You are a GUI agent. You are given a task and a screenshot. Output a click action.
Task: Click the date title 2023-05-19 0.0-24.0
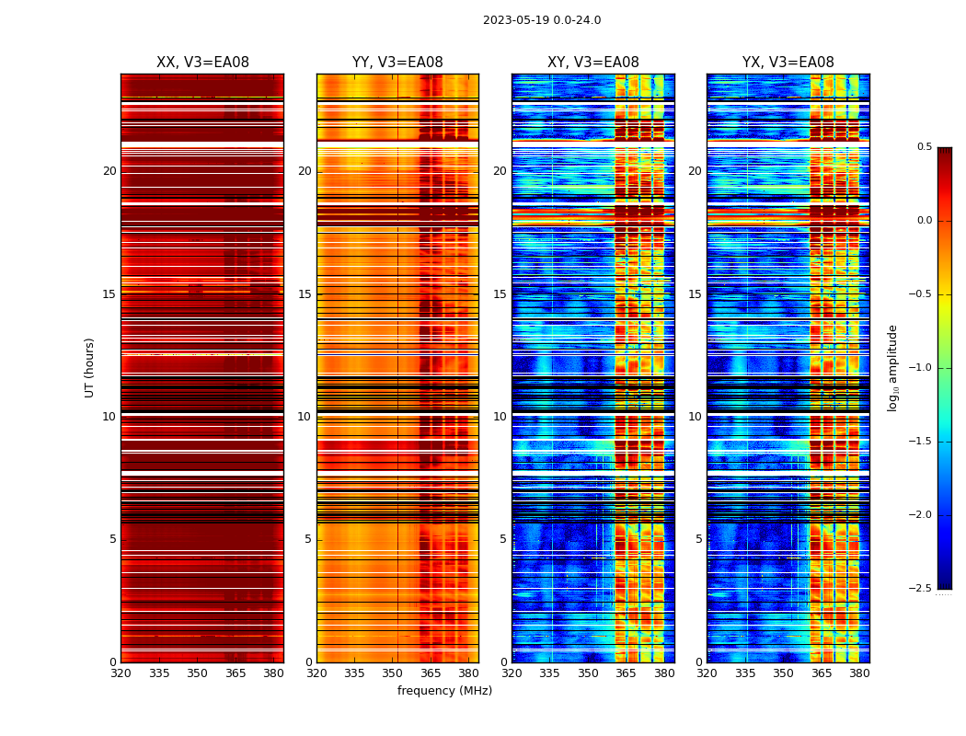pos(542,20)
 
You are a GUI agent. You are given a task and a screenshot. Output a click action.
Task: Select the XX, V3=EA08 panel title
pos(202,63)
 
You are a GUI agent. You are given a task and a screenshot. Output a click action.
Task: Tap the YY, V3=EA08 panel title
pos(397,63)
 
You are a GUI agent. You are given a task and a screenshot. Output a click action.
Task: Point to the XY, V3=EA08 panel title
pos(593,63)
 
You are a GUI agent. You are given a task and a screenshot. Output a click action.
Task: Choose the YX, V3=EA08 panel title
pos(788,63)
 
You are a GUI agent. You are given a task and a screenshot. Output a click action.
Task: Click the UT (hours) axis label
pos(90,367)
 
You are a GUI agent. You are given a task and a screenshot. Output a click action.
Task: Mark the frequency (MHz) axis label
pos(444,691)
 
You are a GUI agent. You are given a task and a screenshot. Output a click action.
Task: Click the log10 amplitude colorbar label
pos(892,367)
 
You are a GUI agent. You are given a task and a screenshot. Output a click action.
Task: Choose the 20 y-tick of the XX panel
pos(109,171)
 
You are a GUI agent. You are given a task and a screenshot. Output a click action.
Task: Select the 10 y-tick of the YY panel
pos(305,417)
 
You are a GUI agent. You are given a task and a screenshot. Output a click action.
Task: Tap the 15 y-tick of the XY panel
pos(500,294)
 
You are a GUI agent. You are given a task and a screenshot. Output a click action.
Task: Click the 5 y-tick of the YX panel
pos(699,539)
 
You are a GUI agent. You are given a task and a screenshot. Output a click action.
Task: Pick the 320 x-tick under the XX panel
pos(121,673)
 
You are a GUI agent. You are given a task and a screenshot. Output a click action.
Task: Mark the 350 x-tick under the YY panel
pos(393,673)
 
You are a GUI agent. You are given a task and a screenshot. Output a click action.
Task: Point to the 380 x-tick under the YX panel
pos(859,673)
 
